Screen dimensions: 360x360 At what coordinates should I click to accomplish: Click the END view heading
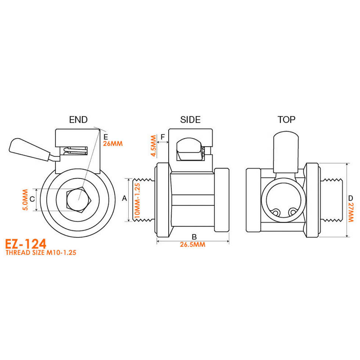coord(78,120)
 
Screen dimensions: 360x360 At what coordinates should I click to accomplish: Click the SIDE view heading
coord(190,120)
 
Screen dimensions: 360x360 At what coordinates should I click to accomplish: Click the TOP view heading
coord(287,120)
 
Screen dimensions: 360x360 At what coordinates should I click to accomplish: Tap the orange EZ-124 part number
coord(26,244)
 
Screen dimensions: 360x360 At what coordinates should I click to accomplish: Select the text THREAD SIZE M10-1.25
coord(41,253)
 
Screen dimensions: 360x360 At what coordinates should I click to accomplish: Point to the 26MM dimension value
coord(112,144)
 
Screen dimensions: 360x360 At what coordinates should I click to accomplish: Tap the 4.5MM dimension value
coord(154,146)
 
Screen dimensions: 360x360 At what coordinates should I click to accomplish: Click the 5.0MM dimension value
coord(25,200)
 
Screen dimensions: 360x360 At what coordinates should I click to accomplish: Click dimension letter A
coord(124,198)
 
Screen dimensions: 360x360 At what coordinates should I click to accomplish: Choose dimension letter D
coord(350,198)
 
